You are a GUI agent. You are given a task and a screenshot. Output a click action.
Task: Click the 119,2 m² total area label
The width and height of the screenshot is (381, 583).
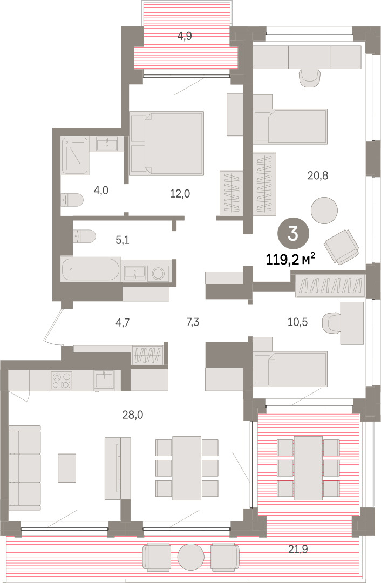click(x=291, y=259)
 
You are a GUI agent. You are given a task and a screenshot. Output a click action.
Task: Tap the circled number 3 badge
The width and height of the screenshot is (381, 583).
click(x=293, y=234)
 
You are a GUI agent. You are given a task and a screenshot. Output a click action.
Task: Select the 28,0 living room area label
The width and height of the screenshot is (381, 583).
click(x=133, y=415)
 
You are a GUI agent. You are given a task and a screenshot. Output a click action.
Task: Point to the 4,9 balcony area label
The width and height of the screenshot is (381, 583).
click(x=185, y=37)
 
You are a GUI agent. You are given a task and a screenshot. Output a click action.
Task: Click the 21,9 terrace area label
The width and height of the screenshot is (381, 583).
click(x=298, y=549)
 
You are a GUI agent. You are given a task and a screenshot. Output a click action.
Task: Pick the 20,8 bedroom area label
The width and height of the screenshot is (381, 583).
click(x=318, y=175)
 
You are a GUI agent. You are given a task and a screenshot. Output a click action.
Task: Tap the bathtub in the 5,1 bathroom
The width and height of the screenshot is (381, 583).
click(x=91, y=269)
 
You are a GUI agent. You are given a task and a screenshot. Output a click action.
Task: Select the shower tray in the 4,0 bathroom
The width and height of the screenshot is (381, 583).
click(x=75, y=156)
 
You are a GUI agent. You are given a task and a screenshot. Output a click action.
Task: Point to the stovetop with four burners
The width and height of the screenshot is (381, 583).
click(x=62, y=381)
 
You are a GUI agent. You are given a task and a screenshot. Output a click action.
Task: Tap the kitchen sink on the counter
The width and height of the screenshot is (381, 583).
click(x=104, y=380)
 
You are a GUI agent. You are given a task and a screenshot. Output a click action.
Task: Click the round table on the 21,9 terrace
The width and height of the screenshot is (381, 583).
click(x=190, y=557)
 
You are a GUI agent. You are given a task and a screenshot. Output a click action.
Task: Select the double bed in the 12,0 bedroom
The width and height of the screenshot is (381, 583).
click(x=167, y=144)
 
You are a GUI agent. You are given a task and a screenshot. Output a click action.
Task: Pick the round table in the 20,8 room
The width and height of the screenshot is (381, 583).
click(x=324, y=211)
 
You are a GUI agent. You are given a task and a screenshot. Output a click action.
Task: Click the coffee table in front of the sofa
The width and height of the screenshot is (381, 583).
click(x=67, y=467)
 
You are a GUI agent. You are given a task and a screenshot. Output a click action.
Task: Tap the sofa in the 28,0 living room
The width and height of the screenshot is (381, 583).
click(x=24, y=468)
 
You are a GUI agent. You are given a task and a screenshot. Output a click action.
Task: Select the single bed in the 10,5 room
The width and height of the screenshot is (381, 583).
click(x=290, y=368)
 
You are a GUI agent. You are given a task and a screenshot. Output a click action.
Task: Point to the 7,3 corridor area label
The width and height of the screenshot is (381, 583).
click(x=193, y=322)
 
